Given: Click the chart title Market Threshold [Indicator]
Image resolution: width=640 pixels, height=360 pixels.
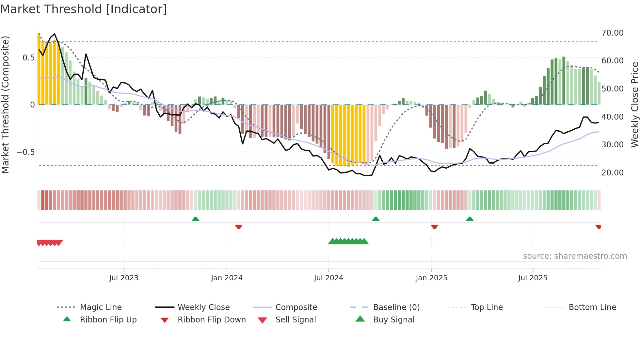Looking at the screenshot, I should pyautogui.click(x=84, y=9).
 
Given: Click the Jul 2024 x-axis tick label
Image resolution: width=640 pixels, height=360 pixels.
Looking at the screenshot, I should pyautogui.click(x=328, y=278).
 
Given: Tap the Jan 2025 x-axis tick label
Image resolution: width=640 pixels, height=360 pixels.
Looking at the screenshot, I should pyautogui.click(x=431, y=278).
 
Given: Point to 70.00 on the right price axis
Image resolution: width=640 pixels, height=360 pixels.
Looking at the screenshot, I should pyautogui.click(x=612, y=33).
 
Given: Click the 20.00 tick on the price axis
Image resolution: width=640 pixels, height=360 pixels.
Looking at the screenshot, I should pyautogui.click(x=612, y=173).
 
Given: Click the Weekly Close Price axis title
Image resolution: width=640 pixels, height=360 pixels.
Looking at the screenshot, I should pyautogui.click(x=634, y=105).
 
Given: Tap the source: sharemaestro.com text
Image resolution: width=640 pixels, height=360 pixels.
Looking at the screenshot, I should pyautogui.click(x=575, y=256).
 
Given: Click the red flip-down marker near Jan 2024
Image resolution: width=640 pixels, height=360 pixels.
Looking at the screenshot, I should pyautogui.click(x=239, y=227).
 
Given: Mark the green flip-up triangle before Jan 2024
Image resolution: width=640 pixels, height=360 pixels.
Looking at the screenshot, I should pyautogui.click(x=196, y=219).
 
